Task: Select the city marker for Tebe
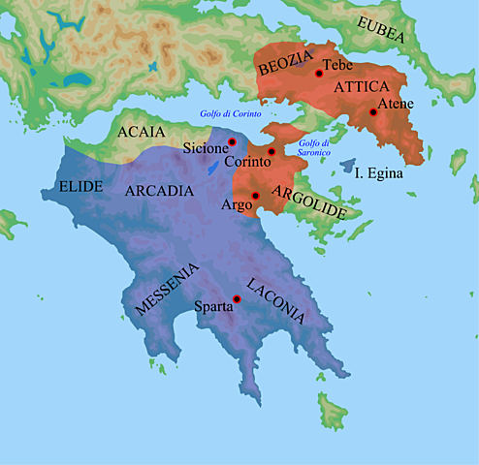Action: (319, 73)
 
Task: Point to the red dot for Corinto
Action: (272, 152)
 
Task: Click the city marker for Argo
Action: (255, 197)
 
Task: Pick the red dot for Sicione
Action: (233, 142)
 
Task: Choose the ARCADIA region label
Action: (159, 191)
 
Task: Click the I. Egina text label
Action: (380, 173)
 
